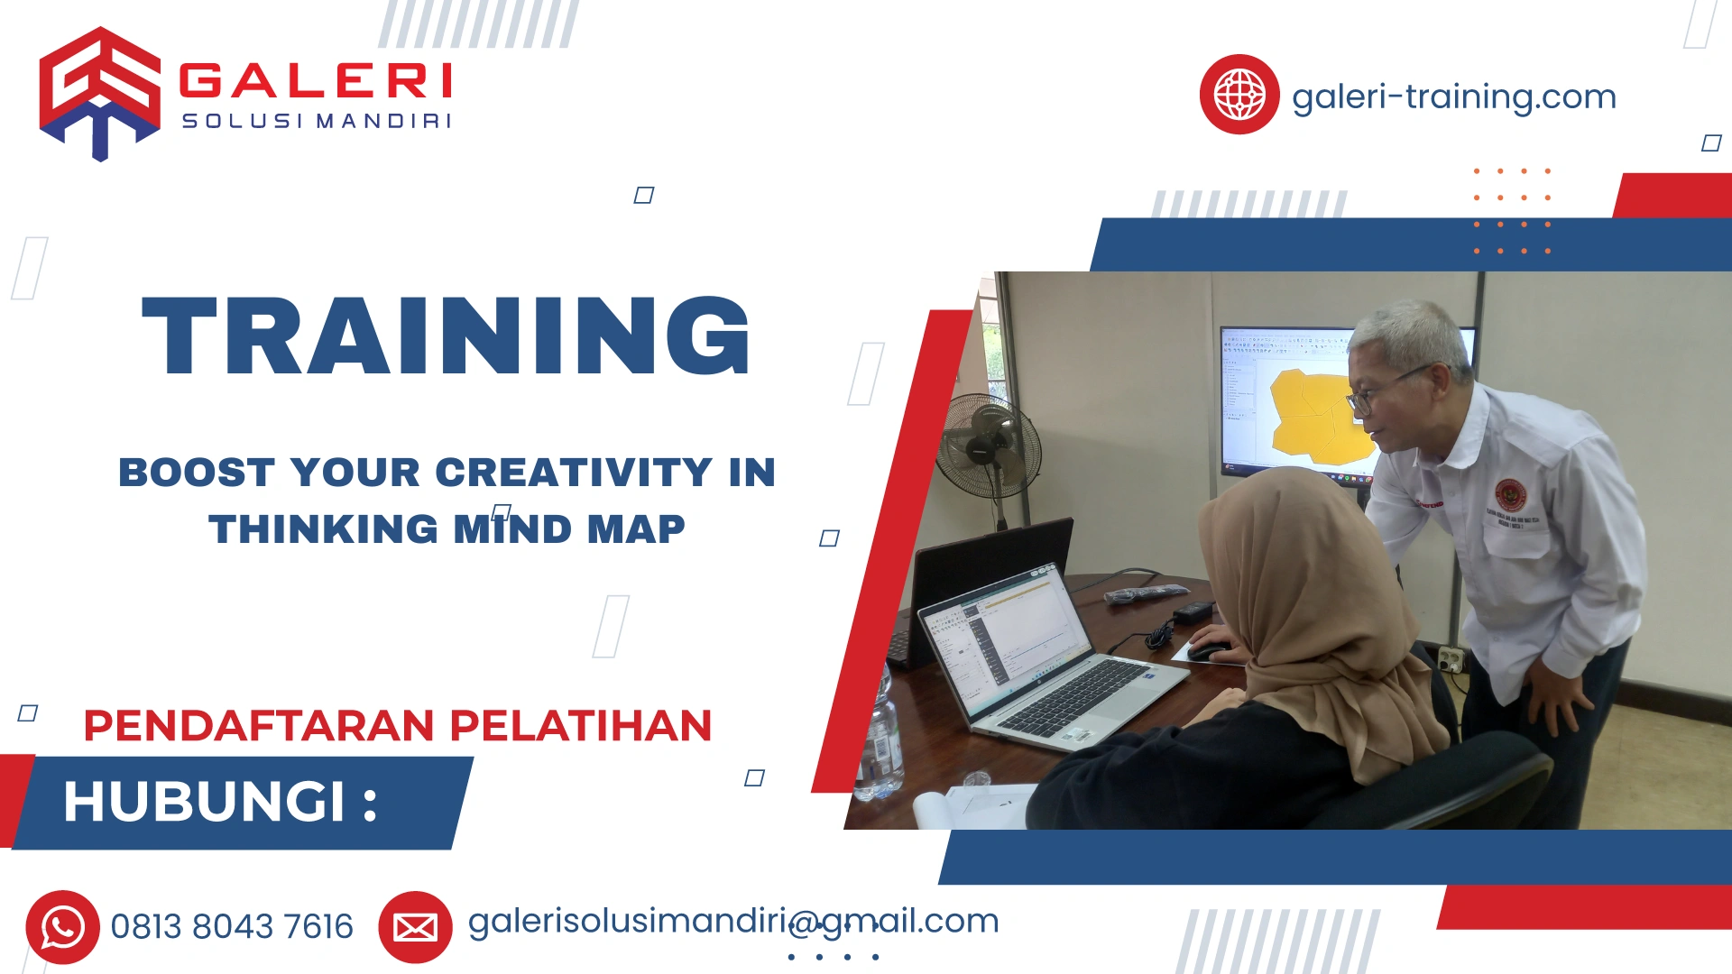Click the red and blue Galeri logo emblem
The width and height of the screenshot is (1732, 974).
pyautogui.click(x=99, y=93)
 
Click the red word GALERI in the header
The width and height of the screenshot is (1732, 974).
pyautogui.click(x=315, y=81)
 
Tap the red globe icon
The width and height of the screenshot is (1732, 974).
pyautogui.click(x=1239, y=95)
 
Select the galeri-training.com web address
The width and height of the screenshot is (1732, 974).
pyautogui.click(x=1453, y=96)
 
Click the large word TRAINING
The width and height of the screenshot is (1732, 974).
pyautogui.click(x=447, y=335)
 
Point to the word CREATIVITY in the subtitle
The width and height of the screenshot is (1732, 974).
pyautogui.click(x=574, y=473)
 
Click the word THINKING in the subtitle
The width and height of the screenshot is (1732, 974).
pyautogui.click(x=323, y=529)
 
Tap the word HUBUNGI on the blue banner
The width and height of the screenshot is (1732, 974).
pyautogui.click(x=205, y=802)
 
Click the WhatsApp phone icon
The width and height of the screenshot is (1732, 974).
pyautogui.click(x=62, y=927)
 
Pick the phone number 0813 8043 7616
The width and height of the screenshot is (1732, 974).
pyautogui.click(x=232, y=927)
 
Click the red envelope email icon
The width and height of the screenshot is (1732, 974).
pyautogui.click(x=415, y=927)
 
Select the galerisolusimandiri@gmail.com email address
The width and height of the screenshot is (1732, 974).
pyautogui.click(x=732, y=922)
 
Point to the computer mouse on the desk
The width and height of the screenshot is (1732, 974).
pyautogui.click(x=1207, y=650)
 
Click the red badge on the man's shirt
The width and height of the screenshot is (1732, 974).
pyautogui.click(x=1510, y=495)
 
